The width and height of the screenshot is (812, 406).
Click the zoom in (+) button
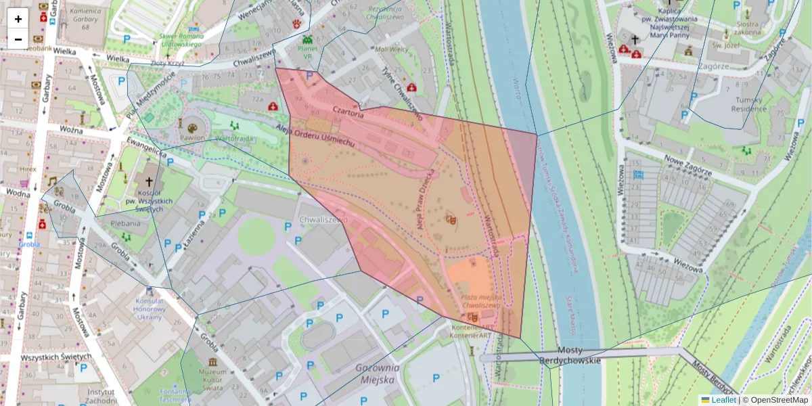coord(18,19)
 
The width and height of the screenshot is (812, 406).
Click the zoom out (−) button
coord(18,39)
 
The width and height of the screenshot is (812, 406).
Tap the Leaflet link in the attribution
coord(723,400)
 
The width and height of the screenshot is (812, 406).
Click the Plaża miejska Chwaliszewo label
coord(480,301)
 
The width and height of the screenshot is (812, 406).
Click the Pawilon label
coord(192,137)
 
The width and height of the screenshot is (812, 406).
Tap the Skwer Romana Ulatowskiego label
coord(181,40)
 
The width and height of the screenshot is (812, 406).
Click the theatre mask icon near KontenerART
coord(472,317)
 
